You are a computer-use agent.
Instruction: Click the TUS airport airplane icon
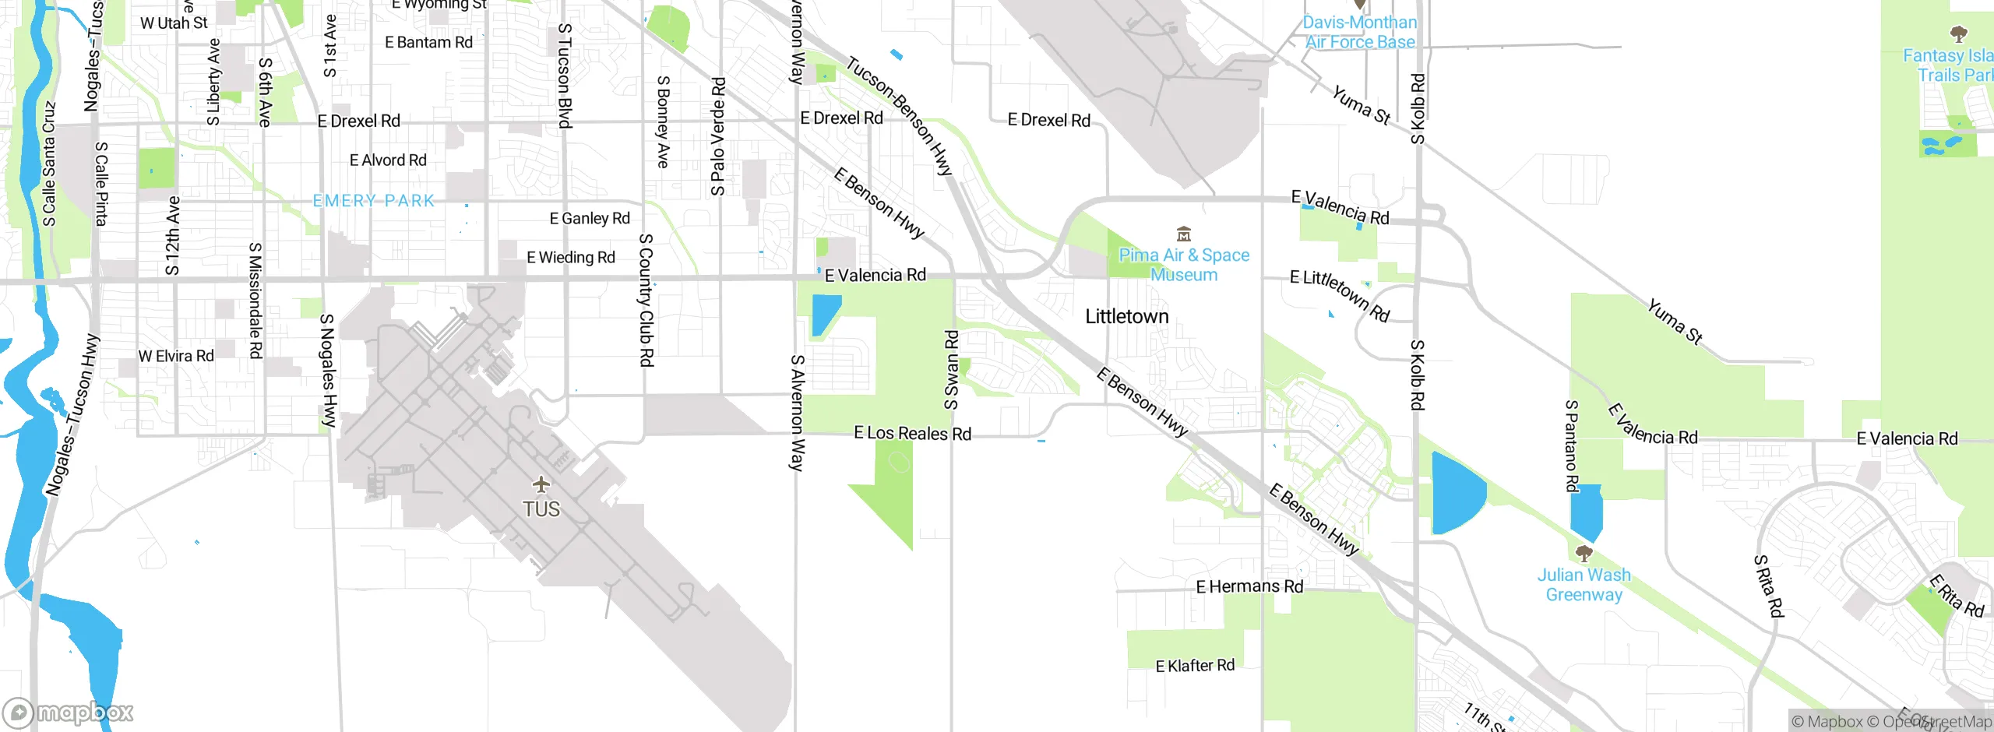click(541, 485)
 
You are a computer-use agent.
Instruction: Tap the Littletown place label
click(1126, 316)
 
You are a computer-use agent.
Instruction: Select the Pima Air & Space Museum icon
click(1184, 234)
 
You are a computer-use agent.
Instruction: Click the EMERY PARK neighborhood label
click(374, 201)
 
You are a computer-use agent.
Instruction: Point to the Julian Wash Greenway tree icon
click(1584, 554)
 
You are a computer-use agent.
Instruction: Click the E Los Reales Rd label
click(912, 433)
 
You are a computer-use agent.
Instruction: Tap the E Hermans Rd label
click(1249, 586)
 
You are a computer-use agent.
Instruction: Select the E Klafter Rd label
click(1195, 666)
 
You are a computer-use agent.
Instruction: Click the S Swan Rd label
click(952, 370)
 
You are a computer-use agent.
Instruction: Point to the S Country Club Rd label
click(646, 300)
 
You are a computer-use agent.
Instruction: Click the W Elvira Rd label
click(176, 356)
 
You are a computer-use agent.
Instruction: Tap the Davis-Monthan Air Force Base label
click(1360, 33)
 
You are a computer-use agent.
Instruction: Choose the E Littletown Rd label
click(1340, 295)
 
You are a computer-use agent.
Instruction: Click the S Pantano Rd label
click(1572, 445)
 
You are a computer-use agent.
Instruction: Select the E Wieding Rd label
click(571, 257)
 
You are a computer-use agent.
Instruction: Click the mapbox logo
click(69, 713)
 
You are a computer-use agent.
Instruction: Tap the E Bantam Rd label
click(428, 43)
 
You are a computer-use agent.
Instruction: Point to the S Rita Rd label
click(1768, 586)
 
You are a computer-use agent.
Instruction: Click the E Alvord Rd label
click(388, 160)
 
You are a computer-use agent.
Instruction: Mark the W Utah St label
click(174, 23)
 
